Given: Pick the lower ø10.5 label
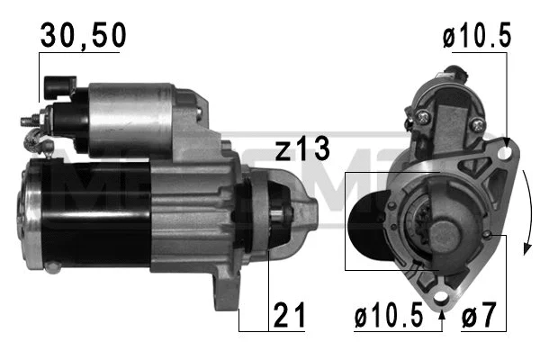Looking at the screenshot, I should point(389,316).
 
